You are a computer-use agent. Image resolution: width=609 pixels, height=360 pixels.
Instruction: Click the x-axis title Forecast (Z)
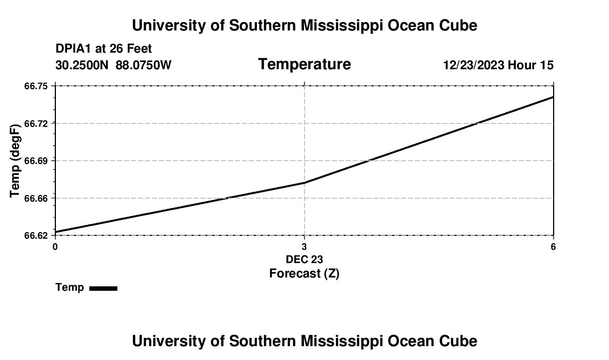click(x=304, y=273)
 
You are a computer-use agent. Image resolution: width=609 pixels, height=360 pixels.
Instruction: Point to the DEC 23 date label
click(x=304, y=259)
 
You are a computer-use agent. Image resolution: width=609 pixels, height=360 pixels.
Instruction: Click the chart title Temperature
click(x=304, y=65)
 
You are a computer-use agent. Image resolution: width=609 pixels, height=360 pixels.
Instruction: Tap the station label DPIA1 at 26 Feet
click(x=104, y=49)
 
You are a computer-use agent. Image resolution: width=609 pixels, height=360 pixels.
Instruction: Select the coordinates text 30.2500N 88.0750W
click(x=113, y=65)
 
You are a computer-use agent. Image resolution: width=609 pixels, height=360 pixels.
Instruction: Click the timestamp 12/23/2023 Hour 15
click(x=498, y=65)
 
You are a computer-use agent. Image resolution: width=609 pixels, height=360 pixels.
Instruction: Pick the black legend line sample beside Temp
click(x=103, y=288)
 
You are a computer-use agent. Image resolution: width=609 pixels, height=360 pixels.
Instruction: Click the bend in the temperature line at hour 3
click(x=304, y=183)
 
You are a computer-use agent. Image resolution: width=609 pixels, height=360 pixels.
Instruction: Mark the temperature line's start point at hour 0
click(x=55, y=232)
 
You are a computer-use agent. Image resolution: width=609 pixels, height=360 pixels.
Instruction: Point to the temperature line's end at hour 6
click(x=553, y=97)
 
